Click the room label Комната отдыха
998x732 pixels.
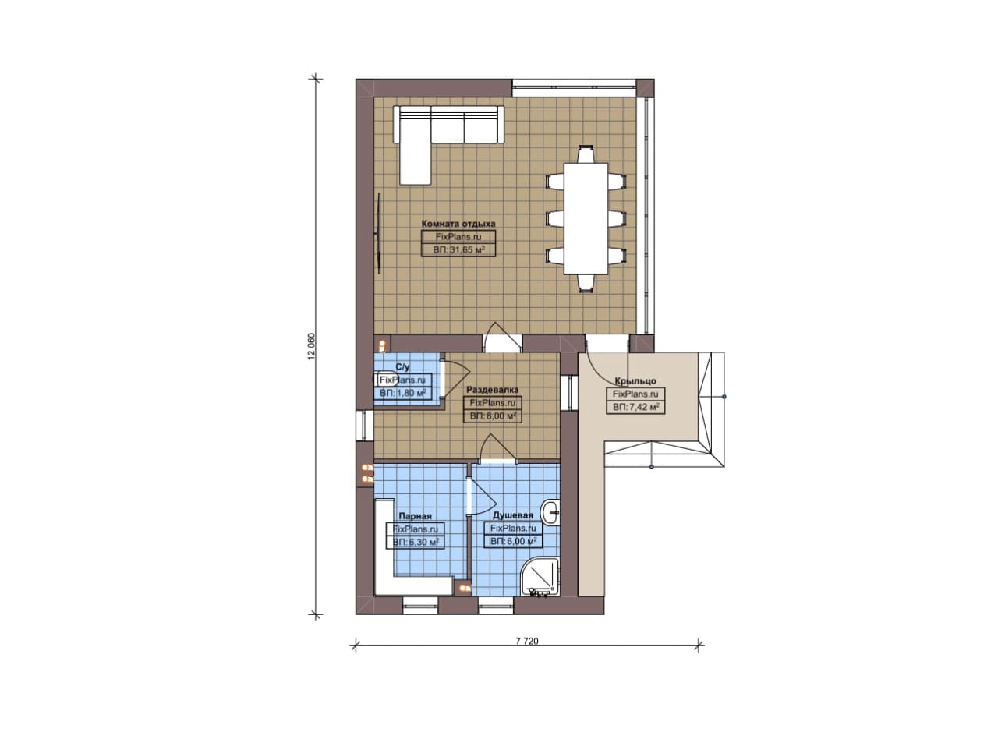click(458, 224)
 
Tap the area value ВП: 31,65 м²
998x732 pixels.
click(458, 249)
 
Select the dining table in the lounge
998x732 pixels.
click(586, 219)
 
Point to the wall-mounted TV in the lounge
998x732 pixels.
click(379, 233)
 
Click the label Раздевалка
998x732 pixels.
click(492, 390)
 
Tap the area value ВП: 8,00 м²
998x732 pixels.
click(493, 416)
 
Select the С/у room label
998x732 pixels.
click(402, 366)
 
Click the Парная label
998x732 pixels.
click(415, 516)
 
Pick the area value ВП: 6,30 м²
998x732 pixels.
click(416, 543)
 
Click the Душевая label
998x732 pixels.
click(512, 515)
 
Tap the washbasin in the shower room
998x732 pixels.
click(550, 513)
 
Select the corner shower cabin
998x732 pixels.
click(540, 578)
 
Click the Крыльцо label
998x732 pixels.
click(635, 381)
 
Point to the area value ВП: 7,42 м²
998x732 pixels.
click(635, 407)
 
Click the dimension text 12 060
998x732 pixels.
click(311, 345)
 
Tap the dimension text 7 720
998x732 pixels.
click(527, 641)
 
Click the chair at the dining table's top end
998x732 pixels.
click(586, 154)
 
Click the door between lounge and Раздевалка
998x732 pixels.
click(503, 338)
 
